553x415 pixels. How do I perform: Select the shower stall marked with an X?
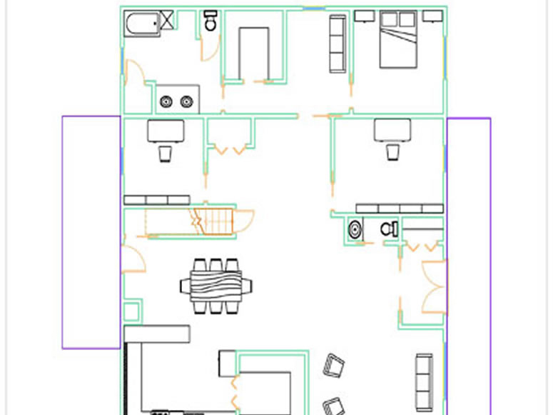(168, 20)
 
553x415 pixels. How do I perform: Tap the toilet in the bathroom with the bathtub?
(210, 21)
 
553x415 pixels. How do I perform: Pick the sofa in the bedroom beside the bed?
(338, 44)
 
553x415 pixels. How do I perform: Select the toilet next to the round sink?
(388, 229)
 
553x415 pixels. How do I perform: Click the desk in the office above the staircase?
(165, 131)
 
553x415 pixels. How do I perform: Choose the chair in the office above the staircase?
(165, 154)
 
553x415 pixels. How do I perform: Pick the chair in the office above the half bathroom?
(392, 152)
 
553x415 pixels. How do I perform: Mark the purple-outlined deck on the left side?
(91, 232)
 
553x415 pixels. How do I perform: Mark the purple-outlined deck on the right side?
(469, 232)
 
